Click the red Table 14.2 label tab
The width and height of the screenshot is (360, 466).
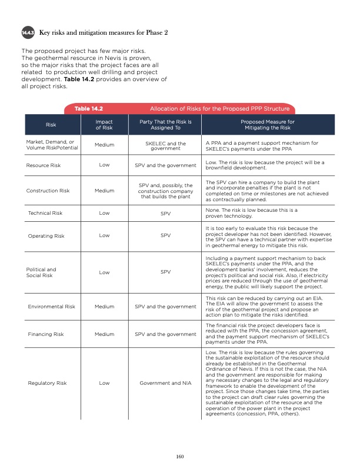tap(89, 109)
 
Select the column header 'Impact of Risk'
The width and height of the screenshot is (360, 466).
tap(104, 125)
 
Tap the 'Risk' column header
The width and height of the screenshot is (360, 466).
tap(51, 125)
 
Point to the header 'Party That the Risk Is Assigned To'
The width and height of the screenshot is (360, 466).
tap(166, 125)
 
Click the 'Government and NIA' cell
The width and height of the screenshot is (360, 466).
tap(166, 383)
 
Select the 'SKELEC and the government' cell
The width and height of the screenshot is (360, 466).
tap(166, 145)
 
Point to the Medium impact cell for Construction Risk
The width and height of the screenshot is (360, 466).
tap(104, 190)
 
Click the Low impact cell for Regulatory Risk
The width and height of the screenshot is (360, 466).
tap(104, 383)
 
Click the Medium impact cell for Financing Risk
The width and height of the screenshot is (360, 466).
tap(104, 334)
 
